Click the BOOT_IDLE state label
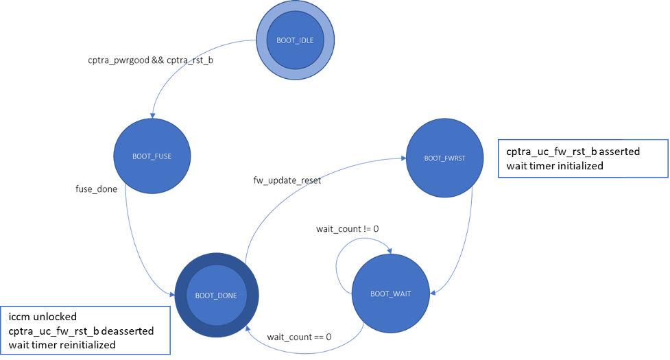[295, 40]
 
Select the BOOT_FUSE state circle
[152, 156]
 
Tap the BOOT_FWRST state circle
[444, 158]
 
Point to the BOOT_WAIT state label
[390, 294]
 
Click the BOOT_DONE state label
[216, 296]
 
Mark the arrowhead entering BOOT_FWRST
[402, 158]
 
